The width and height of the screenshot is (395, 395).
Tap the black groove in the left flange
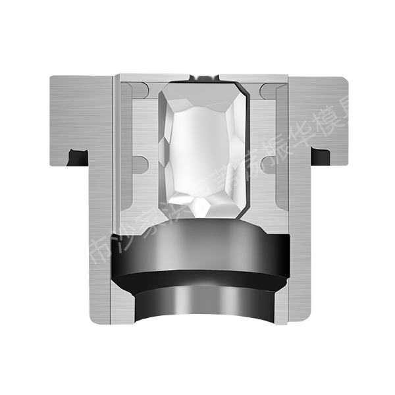pos(78,157)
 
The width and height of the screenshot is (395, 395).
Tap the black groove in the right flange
pos(321,156)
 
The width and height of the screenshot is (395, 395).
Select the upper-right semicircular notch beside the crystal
pos(267,92)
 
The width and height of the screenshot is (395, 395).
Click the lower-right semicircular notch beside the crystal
pos(267,165)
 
